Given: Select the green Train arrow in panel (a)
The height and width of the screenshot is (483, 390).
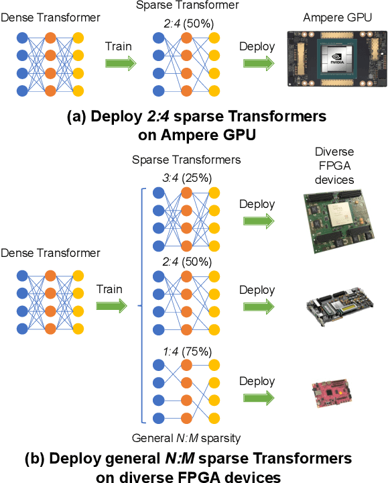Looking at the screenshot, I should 121,64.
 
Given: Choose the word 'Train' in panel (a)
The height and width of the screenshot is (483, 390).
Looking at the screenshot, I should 118,47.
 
